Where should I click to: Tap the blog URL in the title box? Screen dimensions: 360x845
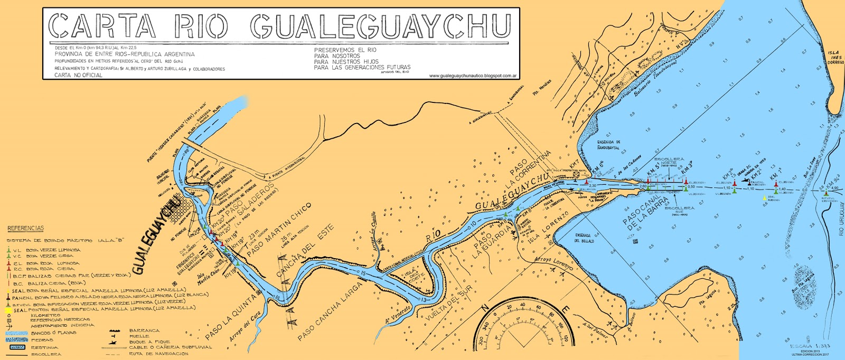(x=472, y=76)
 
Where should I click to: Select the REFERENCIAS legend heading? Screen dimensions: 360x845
(x=26, y=228)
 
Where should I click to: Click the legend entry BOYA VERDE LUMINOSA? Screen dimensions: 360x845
(x=53, y=250)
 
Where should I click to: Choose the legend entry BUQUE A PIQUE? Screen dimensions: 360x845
(x=145, y=342)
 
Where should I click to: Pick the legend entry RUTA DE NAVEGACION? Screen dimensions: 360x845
(x=158, y=354)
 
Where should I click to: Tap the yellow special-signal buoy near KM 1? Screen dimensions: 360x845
(x=765, y=198)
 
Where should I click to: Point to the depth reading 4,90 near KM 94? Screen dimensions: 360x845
(x=834, y=188)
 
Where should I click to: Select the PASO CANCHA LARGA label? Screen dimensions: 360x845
(x=330, y=311)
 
